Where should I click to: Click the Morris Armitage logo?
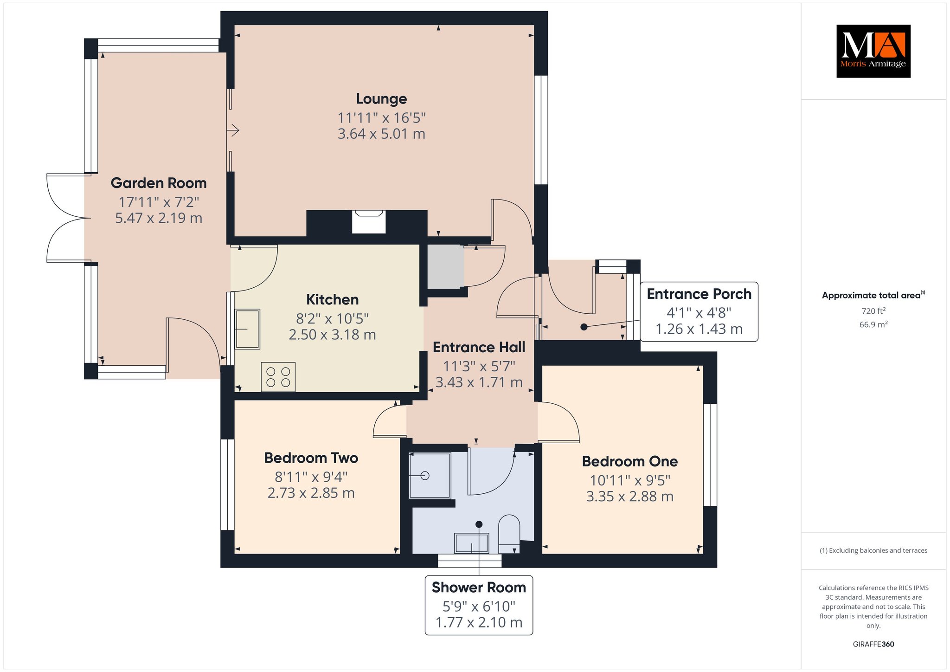point(873,51)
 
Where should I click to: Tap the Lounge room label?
point(381,99)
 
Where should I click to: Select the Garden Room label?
point(159,183)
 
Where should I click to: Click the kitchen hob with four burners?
point(278,377)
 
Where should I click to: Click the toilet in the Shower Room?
point(509,534)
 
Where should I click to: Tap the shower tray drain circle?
point(425,476)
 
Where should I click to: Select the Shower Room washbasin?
point(472,543)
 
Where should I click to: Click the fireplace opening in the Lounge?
point(369,222)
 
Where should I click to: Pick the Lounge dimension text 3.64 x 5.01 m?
point(381,134)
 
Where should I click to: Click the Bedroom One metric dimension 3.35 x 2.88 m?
point(629,497)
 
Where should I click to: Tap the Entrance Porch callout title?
point(699,294)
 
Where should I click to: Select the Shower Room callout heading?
point(479,588)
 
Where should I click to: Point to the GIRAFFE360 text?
point(873,644)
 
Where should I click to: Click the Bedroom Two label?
point(311,458)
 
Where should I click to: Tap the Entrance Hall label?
point(479,347)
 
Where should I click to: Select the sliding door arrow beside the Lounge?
point(233,131)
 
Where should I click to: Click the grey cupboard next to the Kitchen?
point(445,267)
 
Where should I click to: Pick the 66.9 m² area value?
point(873,324)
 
